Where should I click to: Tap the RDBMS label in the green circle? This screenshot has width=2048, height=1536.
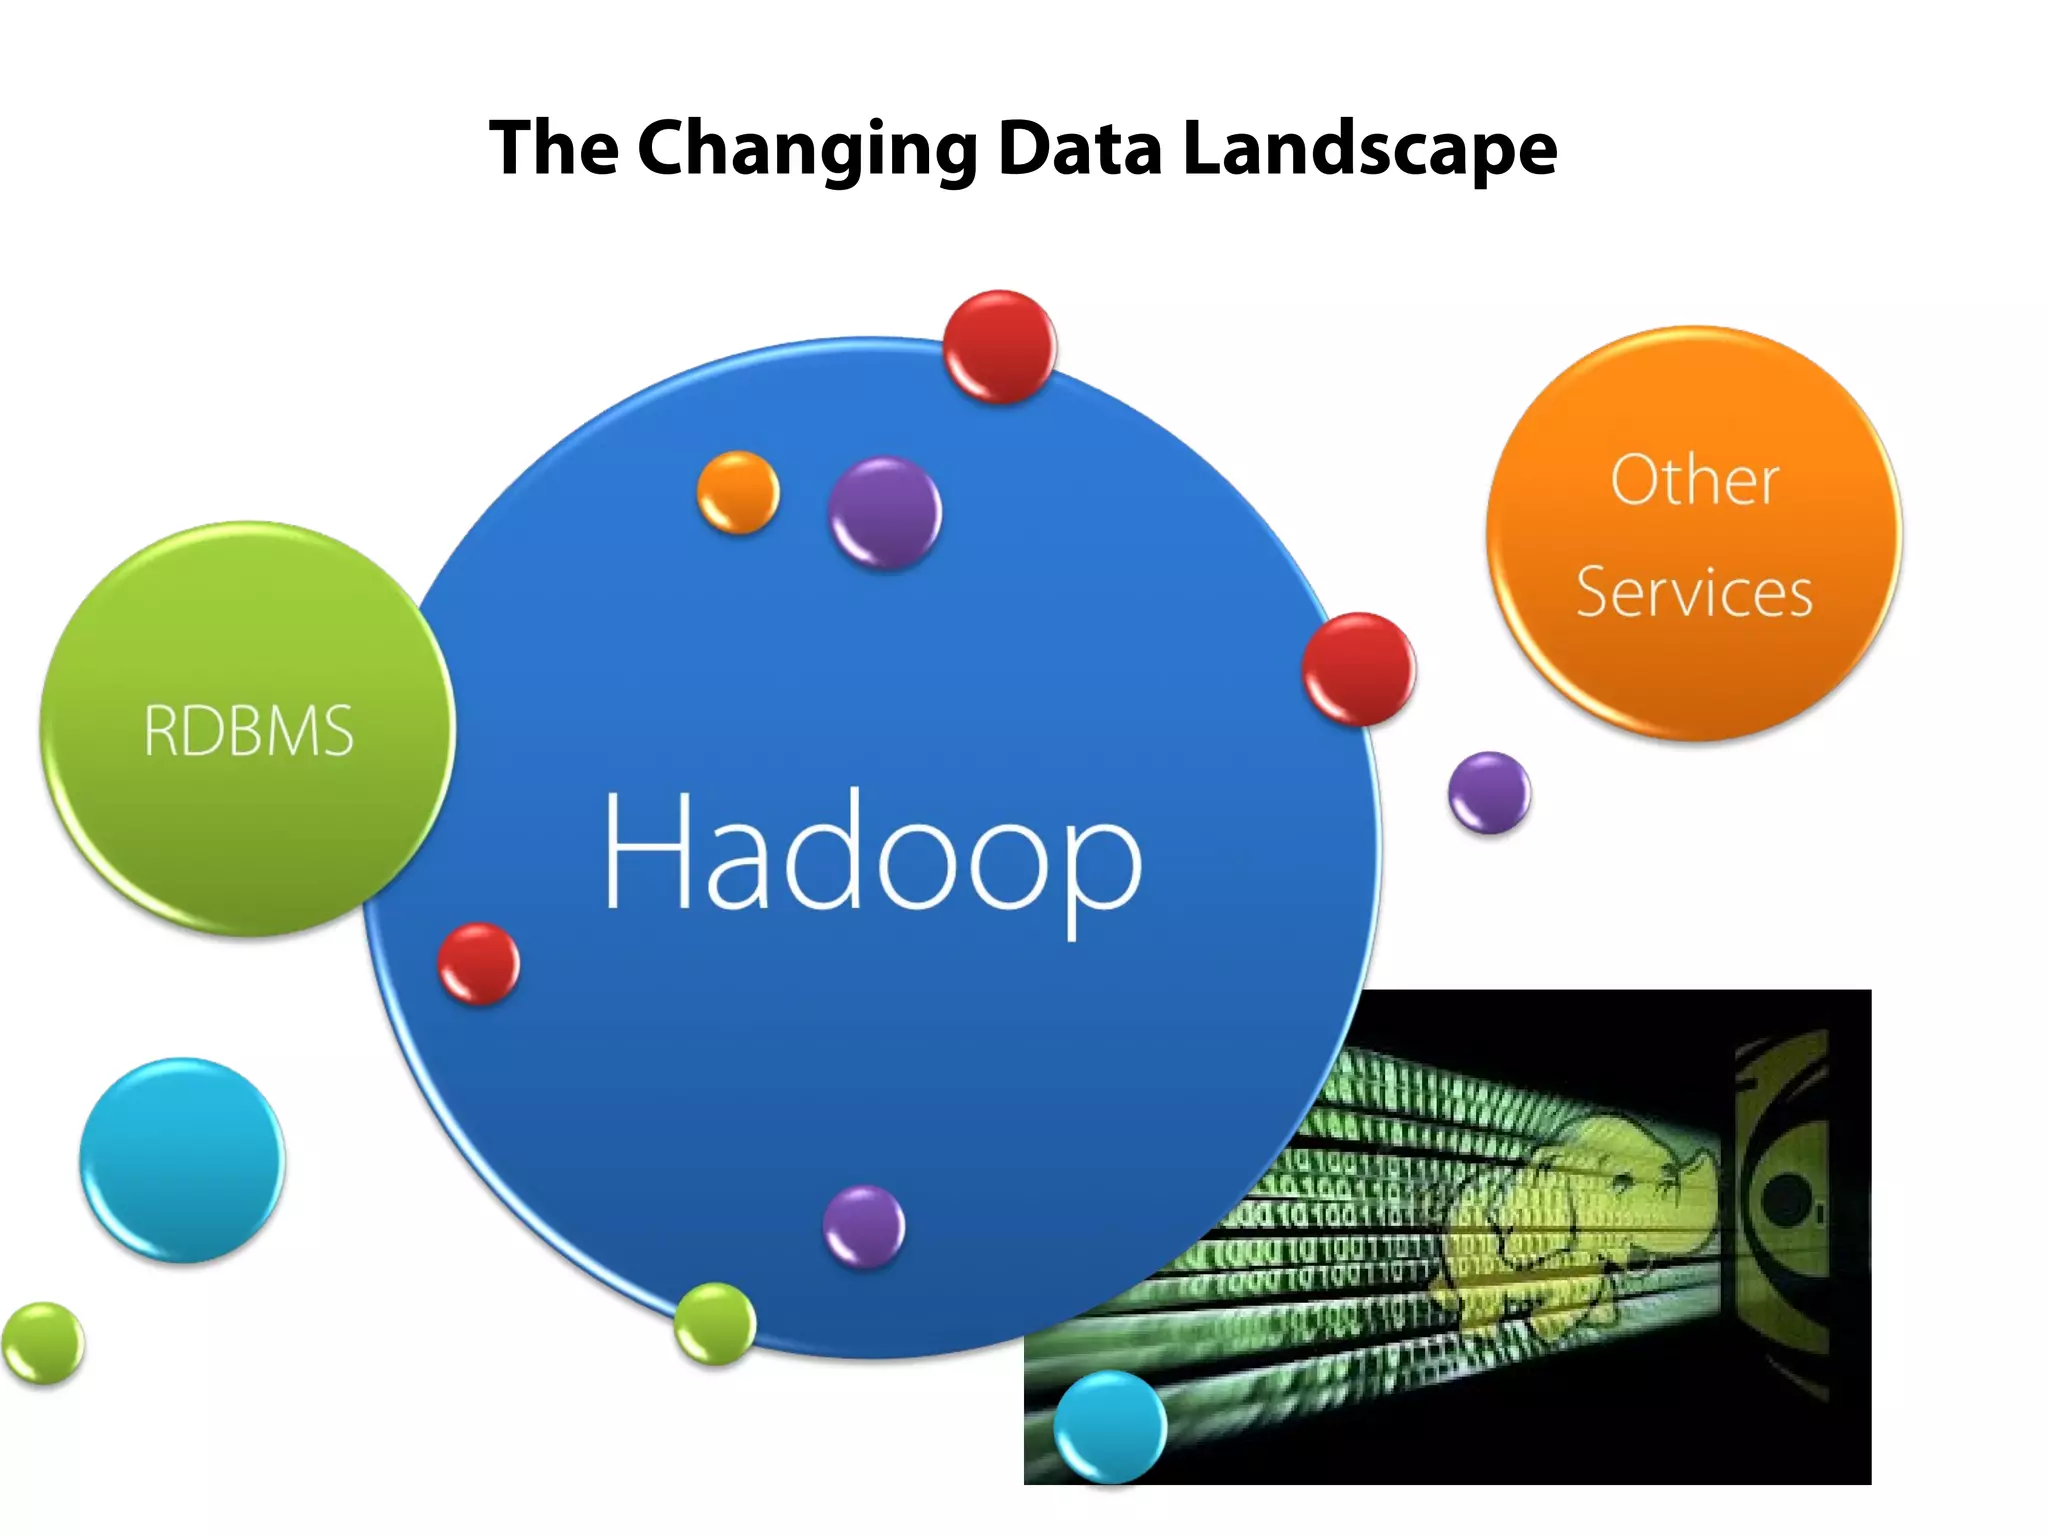coord(248,730)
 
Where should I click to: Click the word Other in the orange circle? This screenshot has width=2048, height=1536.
coord(1695,480)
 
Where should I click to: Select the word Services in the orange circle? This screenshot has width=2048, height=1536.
coord(1694,592)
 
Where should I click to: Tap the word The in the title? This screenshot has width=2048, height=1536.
coord(553,148)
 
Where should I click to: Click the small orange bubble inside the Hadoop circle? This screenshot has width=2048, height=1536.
coord(738,492)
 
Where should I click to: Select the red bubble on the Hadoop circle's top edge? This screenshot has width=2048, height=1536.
coord(999,347)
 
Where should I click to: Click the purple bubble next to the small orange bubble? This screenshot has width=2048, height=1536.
coord(885,513)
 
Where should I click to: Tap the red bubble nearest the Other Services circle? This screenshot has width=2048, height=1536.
coord(1359,669)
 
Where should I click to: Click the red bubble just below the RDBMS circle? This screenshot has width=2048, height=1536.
coord(479,963)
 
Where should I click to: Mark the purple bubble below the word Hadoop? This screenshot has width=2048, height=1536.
coord(864,1226)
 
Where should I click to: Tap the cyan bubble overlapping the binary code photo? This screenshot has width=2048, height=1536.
coord(1110,1426)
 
